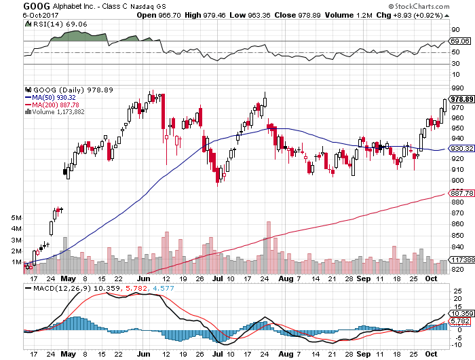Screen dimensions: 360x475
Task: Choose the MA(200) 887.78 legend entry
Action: (x=56, y=105)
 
